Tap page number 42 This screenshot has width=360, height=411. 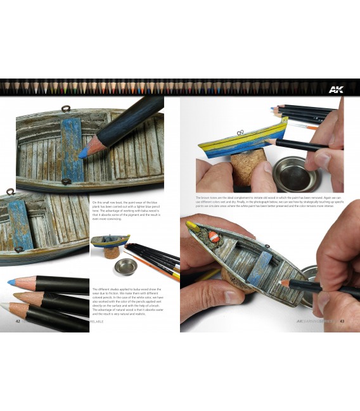coord(18,321)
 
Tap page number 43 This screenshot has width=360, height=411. coord(341,321)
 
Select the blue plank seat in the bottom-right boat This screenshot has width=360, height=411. coord(261,266)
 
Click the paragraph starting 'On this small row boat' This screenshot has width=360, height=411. coord(126,210)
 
